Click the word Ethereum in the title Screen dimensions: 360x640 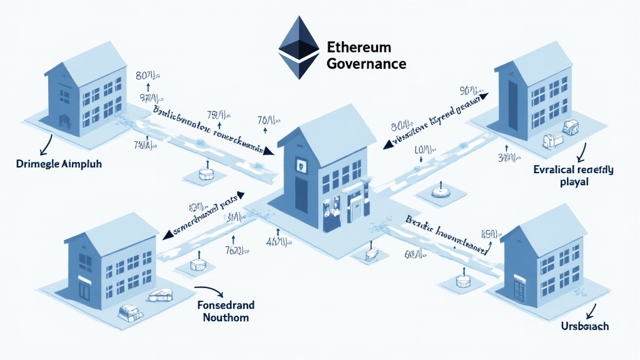coord(358,47)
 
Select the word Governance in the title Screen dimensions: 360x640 coord(366,63)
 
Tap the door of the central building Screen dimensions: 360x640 coord(356,205)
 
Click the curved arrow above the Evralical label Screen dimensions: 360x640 coord(581,152)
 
